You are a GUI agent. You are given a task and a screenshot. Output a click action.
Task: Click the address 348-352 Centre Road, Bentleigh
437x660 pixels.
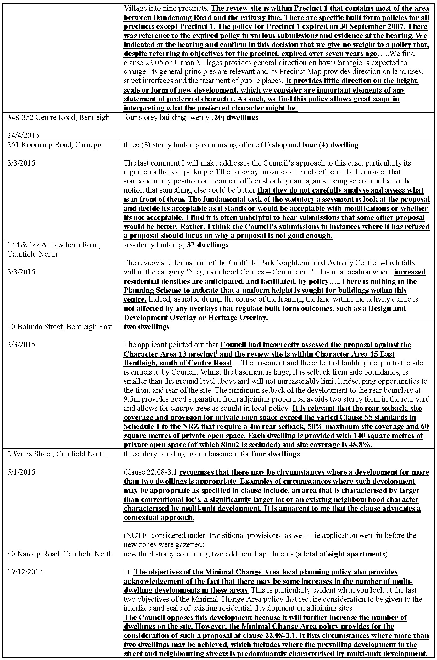coord(59,117)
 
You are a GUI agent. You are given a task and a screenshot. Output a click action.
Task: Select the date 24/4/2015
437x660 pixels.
coord(23,136)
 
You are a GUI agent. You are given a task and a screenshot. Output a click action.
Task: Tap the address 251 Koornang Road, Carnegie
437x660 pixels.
coord(55,145)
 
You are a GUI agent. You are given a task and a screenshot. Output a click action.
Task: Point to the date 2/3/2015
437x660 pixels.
coord(21,345)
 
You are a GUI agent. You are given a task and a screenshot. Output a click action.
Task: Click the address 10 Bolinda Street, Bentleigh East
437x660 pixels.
coord(60,327)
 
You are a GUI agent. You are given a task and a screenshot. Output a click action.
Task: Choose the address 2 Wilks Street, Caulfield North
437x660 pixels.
coord(57,454)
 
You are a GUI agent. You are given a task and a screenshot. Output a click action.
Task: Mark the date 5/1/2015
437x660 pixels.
coord(21,472)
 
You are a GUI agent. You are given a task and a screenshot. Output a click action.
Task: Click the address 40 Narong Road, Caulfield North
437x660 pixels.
coord(60,554)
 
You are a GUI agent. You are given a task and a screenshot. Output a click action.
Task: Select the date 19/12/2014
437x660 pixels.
coord(25,572)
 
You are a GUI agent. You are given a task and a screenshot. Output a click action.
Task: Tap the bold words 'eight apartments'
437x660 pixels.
coord(357,554)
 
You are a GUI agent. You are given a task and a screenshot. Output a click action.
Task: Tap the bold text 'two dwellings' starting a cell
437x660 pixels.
coord(146,327)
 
